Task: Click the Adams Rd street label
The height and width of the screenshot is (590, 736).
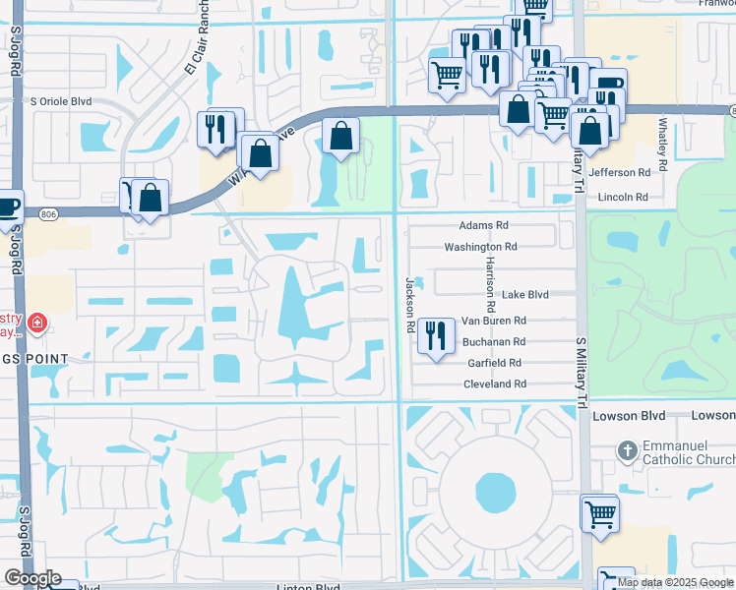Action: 482,225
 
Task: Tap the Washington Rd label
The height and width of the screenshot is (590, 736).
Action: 480,248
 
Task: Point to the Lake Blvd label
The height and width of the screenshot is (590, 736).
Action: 523,295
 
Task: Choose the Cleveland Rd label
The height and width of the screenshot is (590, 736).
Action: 495,384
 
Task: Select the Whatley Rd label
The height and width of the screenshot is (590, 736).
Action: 663,147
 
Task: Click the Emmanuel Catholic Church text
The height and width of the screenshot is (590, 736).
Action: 688,453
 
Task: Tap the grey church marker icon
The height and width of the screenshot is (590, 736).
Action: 627,451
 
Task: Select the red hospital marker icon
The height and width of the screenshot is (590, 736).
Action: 37,323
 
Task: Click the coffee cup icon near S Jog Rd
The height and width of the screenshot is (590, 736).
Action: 8,206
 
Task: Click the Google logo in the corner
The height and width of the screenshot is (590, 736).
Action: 32,578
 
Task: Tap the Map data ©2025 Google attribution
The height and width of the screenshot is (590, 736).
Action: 674,582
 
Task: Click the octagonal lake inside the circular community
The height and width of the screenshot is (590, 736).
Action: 489,489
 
